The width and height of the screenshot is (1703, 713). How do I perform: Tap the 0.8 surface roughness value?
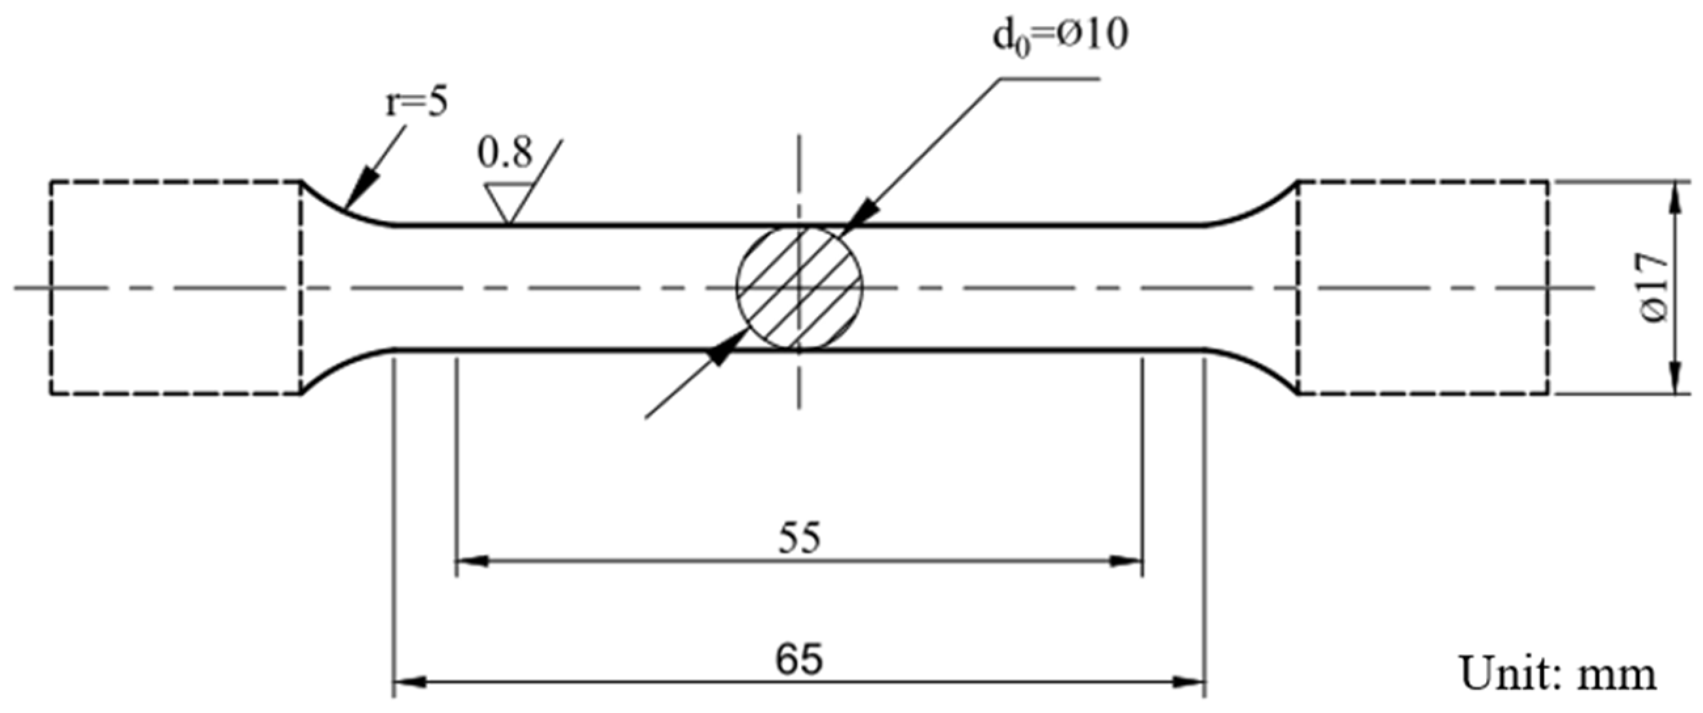click(505, 153)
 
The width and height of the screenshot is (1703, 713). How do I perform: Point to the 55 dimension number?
click(798, 539)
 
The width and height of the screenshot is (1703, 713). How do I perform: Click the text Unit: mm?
click(1558, 674)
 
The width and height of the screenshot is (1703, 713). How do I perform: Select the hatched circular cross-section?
click(799, 288)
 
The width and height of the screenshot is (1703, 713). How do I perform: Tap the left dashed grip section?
click(176, 288)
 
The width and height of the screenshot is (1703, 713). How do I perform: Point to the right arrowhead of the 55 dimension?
click(1128, 561)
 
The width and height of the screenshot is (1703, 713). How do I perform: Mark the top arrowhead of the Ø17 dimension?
click(1675, 195)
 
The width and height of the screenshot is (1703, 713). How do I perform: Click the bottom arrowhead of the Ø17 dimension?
click(1675, 381)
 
